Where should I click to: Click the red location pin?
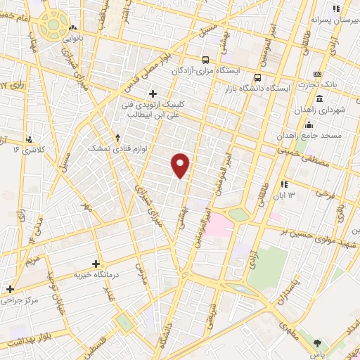click(x=181, y=165)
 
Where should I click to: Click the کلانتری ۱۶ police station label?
click(x=27, y=150)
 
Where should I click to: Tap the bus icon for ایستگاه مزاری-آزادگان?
click(x=205, y=60)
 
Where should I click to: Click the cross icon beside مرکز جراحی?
click(x=10, y=288)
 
